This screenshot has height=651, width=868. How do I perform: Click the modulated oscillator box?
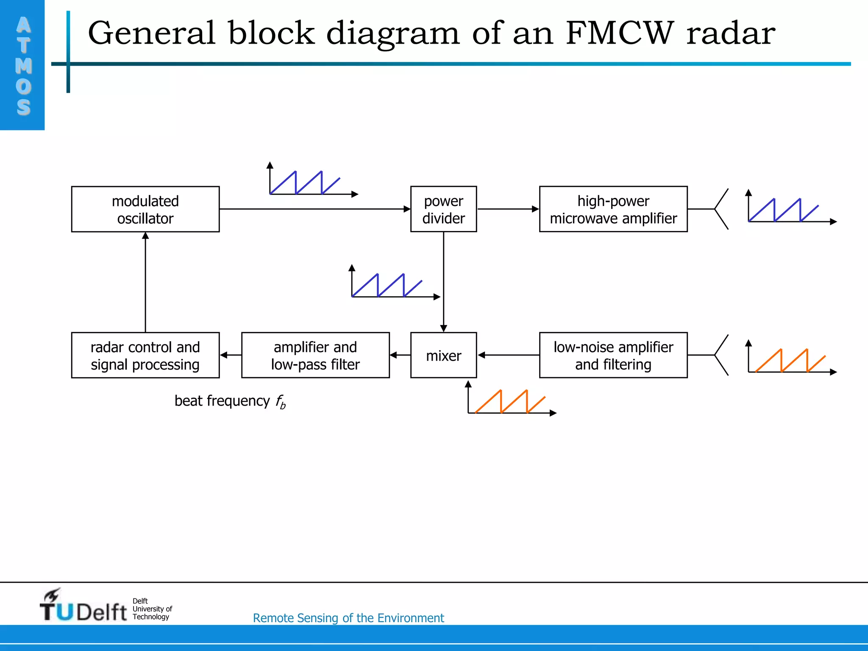point(145,209)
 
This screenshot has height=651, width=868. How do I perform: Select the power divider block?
point(443,209)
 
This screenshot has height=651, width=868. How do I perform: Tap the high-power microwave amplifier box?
point(613,209)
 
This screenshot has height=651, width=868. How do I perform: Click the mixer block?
point(443,355)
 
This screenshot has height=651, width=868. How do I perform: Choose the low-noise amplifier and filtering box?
point(613,355)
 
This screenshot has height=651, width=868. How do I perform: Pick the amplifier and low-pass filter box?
point(315,355)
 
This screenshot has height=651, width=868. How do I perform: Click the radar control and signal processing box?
point(145,355)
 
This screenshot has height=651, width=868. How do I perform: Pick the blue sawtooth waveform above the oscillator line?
point(305,183)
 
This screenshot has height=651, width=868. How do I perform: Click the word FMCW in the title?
point(619,33)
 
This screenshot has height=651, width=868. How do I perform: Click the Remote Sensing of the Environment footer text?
point(348,618)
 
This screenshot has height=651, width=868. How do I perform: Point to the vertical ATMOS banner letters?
point(23,66)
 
